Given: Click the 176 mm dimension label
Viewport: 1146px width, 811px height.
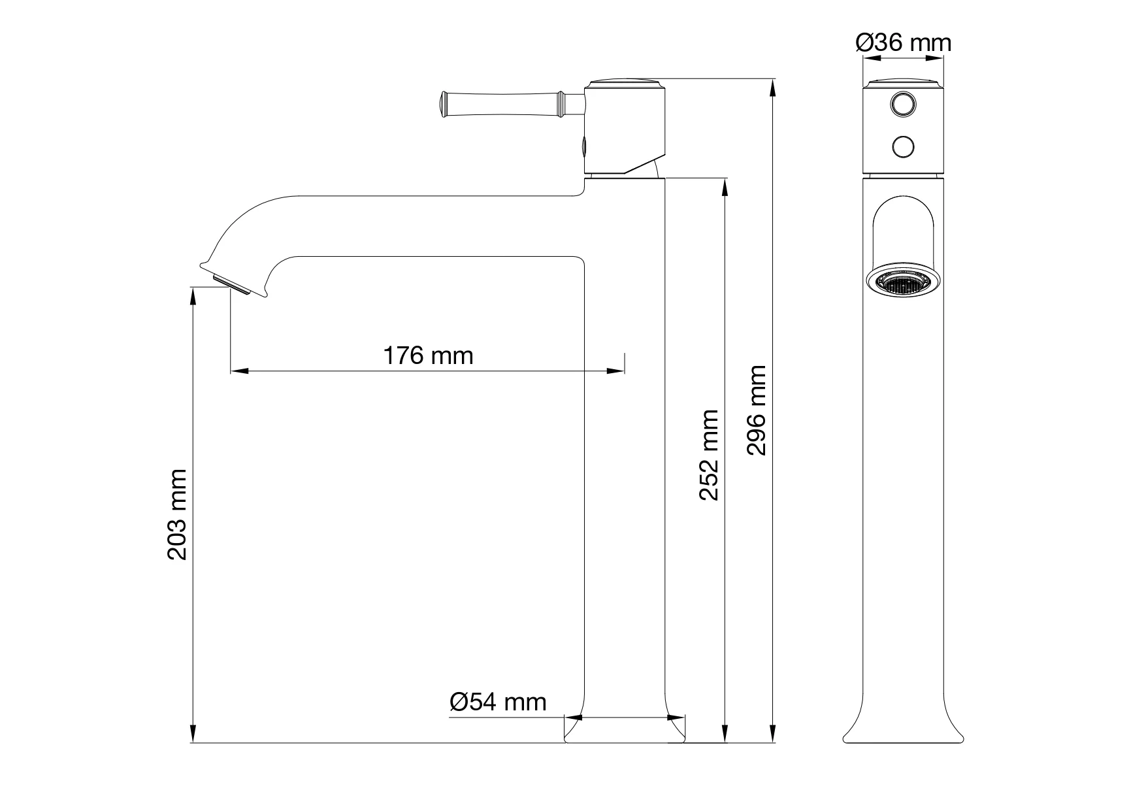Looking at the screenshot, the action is point(427,356).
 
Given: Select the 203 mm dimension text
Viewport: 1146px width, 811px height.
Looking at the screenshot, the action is point(178,514).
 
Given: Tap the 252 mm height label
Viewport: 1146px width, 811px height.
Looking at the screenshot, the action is point(709,455).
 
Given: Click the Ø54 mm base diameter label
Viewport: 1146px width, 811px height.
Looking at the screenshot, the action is point(498,702).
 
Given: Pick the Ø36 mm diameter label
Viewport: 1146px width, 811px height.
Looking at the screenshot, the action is point(904,43).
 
